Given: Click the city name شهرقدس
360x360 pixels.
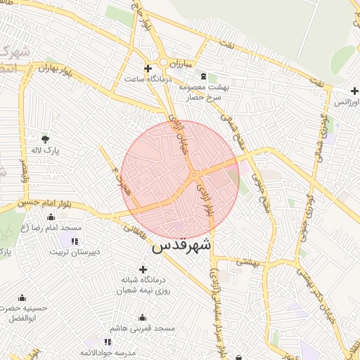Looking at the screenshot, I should coord(181,247).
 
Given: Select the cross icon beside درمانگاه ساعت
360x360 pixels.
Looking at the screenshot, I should coord(147,68).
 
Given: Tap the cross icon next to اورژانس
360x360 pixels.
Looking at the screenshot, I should coord(354,91).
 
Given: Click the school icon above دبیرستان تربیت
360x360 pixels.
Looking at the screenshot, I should coord(75,241).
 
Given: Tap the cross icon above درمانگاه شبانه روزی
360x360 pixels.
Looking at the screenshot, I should coord(143,269).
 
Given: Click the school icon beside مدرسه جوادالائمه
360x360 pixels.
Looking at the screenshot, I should coord(107,342).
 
